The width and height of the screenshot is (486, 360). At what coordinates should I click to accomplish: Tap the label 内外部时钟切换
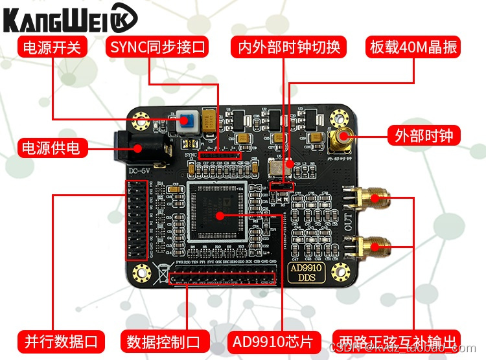click(289, 47)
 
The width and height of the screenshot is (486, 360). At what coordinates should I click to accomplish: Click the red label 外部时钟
click(424, 135)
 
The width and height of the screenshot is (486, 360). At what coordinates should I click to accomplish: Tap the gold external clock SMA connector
click(341, 136)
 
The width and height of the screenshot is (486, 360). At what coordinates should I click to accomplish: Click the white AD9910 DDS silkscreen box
click(303, 272)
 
